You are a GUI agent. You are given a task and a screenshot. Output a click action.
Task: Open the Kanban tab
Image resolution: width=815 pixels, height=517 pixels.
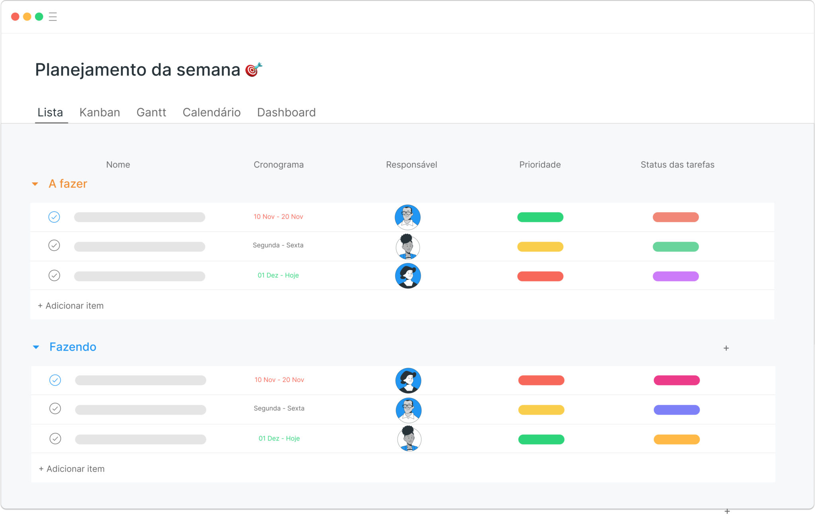click(99, 113)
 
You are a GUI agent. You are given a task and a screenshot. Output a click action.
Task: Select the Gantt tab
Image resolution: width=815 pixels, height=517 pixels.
click(151, 113)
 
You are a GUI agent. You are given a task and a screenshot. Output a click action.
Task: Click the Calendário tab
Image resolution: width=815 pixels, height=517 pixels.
click(212, 113)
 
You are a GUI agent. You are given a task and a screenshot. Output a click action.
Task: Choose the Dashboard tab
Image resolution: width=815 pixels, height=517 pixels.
click(287, 113)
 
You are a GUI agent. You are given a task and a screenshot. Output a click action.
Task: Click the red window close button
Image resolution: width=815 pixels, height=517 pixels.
click(15, 17)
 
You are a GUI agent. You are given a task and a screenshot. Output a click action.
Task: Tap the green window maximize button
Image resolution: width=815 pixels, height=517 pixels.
click(39, 17)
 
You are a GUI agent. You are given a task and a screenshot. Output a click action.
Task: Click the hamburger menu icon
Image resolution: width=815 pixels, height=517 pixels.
click(53, 17)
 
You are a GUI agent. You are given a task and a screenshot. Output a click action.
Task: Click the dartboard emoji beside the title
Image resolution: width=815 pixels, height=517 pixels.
click(253, 69)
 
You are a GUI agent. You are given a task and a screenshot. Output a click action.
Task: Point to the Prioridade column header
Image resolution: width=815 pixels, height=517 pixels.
click(540, 165)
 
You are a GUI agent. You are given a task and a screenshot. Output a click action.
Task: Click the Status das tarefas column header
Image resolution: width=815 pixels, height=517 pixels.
click(677, 165)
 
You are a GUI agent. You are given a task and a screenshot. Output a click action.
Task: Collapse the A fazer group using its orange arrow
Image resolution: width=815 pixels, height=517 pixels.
click(35, 184)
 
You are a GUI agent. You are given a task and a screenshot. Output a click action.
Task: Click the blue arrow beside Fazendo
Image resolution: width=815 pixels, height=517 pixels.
click(36, 347)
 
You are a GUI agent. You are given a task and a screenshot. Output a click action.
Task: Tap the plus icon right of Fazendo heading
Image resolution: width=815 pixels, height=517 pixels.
click(726, 348)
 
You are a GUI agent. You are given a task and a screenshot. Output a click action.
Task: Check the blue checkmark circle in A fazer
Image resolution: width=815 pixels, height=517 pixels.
click(54, 217)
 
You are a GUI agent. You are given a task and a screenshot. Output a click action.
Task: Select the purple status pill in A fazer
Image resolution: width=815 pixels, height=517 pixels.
click(676, 276)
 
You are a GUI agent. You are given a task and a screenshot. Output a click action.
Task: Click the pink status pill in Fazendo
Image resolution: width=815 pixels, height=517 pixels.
click(677, 380)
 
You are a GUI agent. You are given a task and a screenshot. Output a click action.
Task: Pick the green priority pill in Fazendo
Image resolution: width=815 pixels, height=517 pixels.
click(541, 439)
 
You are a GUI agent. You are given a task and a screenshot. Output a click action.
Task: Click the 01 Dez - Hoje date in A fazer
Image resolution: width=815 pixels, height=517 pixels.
click(278, 275)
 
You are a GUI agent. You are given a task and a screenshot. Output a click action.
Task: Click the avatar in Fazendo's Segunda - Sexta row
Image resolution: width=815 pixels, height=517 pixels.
click(409, 410)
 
